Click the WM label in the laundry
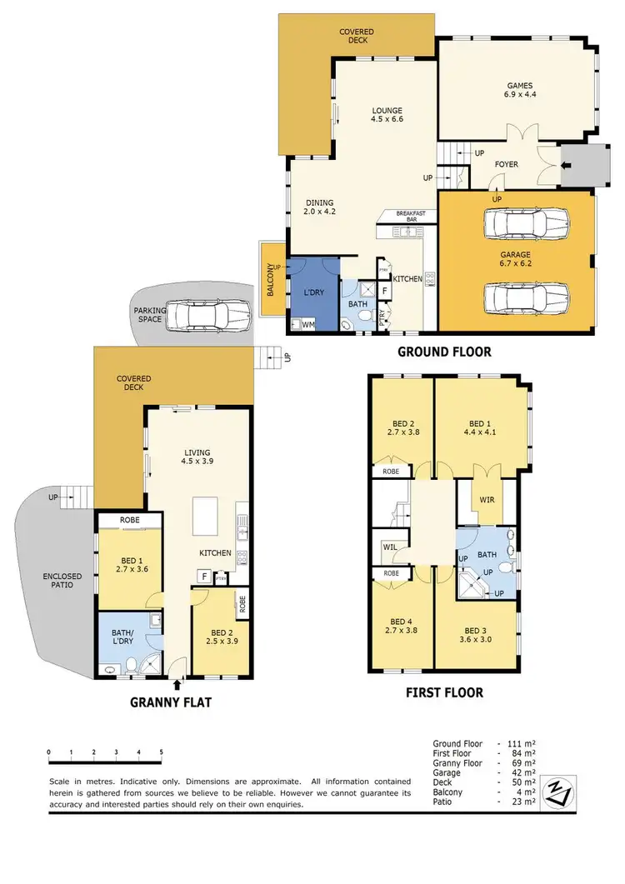[x=307, y=323]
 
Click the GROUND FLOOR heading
[x=443, y=352]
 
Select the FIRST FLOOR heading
[x=444, y=692]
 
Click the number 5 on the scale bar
[x=161, y=752]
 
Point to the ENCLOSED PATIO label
[x=58, y=580]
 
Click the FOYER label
[x=506, y=164]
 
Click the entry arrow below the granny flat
[x=177, y=686]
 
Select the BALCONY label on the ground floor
[x=269, y=280]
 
